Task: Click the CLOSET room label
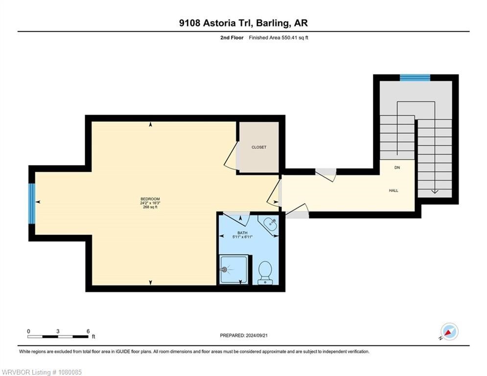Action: click(x=259, y=147)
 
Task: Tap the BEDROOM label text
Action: click(x=150, y=199)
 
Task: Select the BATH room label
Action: click(x=242, y=233)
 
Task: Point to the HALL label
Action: click(x=394, y=190)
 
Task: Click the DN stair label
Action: click(x=397, y=167)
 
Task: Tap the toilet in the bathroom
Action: click(x=265, y=273)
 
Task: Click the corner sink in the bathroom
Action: click(x=270, y=224)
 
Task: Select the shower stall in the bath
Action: click(x=234, y=269)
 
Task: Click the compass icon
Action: click(x=449, y=331)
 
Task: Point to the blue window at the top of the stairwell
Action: click(x=415, y=78)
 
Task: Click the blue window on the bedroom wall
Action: click(x=32, y=204)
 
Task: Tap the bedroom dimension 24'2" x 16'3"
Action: click(x=150, y=203)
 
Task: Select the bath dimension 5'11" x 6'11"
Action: click(x=242, y=237)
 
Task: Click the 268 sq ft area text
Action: click(x=150, y=207)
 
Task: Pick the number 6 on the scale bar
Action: click(x=88, y=331)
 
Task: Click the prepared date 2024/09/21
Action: click(x=256, y=335)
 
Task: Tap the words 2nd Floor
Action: click(x=232, y=38)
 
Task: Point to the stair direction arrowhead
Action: click(x=435, y=191)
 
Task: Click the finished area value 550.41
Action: click(x=290, y=38)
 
